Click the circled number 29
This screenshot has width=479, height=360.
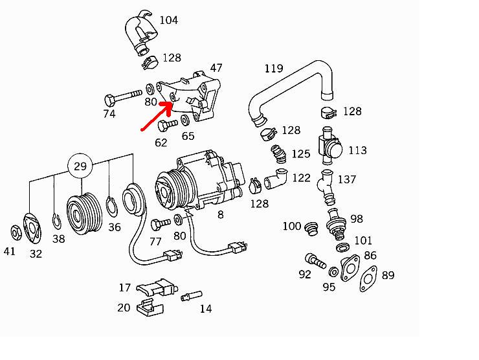(x=80, y=166)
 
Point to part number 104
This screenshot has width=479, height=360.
(x=168, y=21)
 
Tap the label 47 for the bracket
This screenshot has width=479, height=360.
(x=216, y=68)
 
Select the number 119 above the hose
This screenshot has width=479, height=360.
(x=274, y=69)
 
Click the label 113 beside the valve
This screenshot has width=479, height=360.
(x=357, y=151)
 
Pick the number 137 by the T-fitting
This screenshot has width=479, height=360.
(x=347, y=179)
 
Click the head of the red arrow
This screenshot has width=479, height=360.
(x=170, y=102)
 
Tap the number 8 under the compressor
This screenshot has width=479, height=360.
(x=221, y=215)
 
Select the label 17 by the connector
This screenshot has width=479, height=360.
(x=124, y=287)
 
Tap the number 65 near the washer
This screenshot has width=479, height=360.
(x=188, y=136)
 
